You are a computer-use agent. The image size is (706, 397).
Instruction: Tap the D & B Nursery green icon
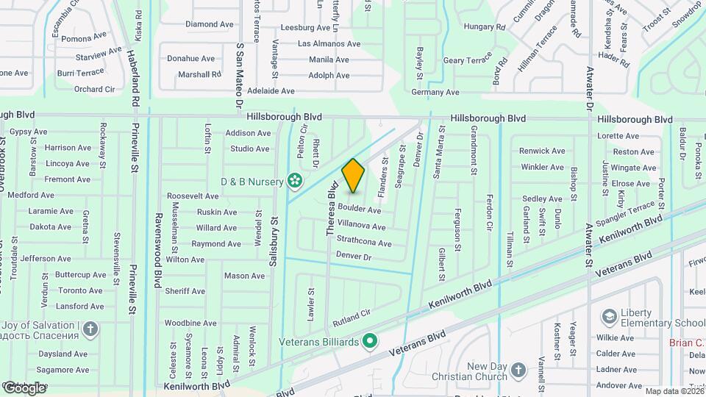pos(295,180)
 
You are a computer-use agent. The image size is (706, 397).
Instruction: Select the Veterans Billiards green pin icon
pos(371,342)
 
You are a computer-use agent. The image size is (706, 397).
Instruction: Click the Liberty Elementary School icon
pos(609,317)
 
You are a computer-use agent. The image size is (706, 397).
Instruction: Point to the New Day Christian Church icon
pos(518,370)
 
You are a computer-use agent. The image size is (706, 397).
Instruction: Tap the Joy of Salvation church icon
pos(90,329)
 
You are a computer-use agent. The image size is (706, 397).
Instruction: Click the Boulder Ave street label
pos(359,210)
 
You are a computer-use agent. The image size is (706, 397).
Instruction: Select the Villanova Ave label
pos(361,226)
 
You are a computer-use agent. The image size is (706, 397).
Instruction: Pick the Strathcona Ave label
pos(364,242)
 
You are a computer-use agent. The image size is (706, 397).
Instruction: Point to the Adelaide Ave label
pos(271,91)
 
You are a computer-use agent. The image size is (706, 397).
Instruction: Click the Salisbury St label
pos(273,240)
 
